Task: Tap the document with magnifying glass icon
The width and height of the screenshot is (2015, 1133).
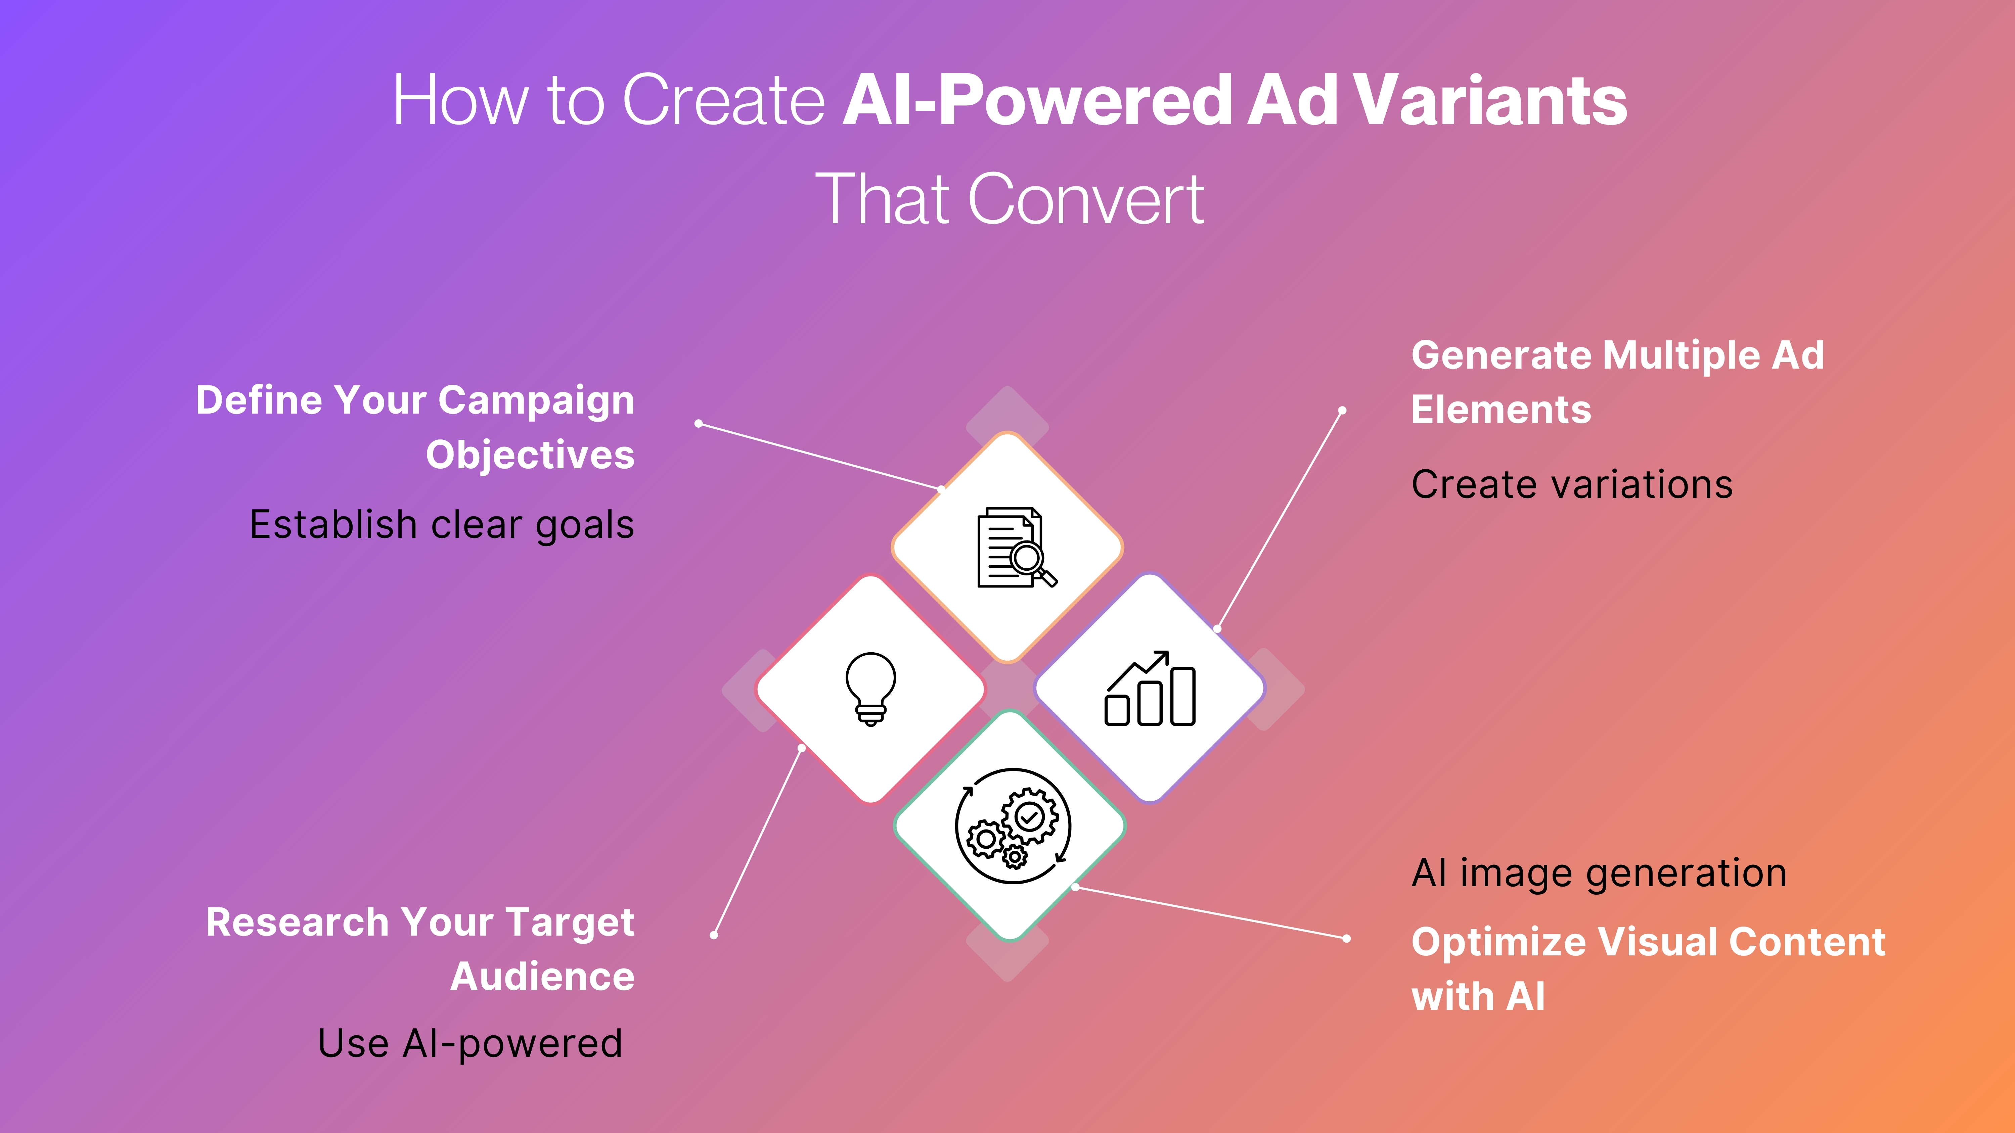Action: click(1015, 547)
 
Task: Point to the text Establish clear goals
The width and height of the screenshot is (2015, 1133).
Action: click(441, 525)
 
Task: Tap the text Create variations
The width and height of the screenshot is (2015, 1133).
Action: click(1571, 485)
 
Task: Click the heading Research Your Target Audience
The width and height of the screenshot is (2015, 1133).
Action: click(420, 949)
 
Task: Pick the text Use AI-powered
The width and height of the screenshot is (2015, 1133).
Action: click(470, 1044)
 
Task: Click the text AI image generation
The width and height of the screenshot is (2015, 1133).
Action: click(1599, 874)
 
